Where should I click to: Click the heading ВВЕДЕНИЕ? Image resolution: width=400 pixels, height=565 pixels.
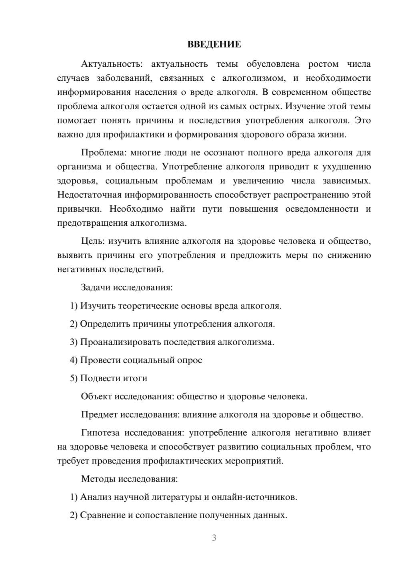[214, 44]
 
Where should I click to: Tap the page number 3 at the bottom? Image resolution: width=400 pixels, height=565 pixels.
[214, 538]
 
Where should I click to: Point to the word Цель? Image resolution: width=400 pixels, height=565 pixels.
[93, 241]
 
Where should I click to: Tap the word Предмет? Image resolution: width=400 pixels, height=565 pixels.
[99, 414]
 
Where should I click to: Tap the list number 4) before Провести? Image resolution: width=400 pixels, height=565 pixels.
[74, 360]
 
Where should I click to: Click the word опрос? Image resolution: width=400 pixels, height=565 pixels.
[190, 360]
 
